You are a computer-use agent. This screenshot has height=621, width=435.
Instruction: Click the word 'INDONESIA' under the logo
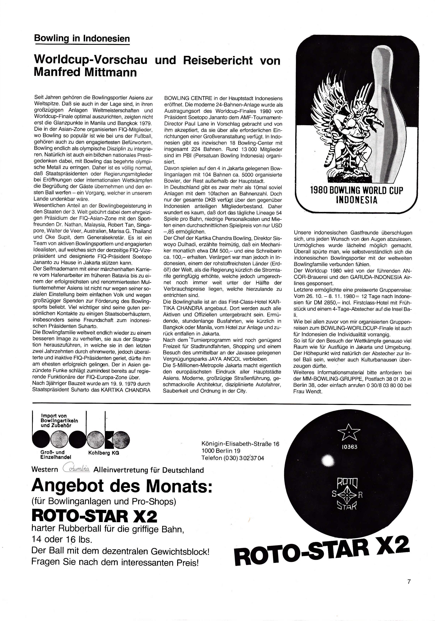click(356, 200)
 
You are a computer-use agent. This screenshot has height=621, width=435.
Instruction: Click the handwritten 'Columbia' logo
click(77, 469)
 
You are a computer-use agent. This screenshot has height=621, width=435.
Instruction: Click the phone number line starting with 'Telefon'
click(233, 458)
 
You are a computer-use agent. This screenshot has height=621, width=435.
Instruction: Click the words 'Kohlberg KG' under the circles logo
click(103, 453)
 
